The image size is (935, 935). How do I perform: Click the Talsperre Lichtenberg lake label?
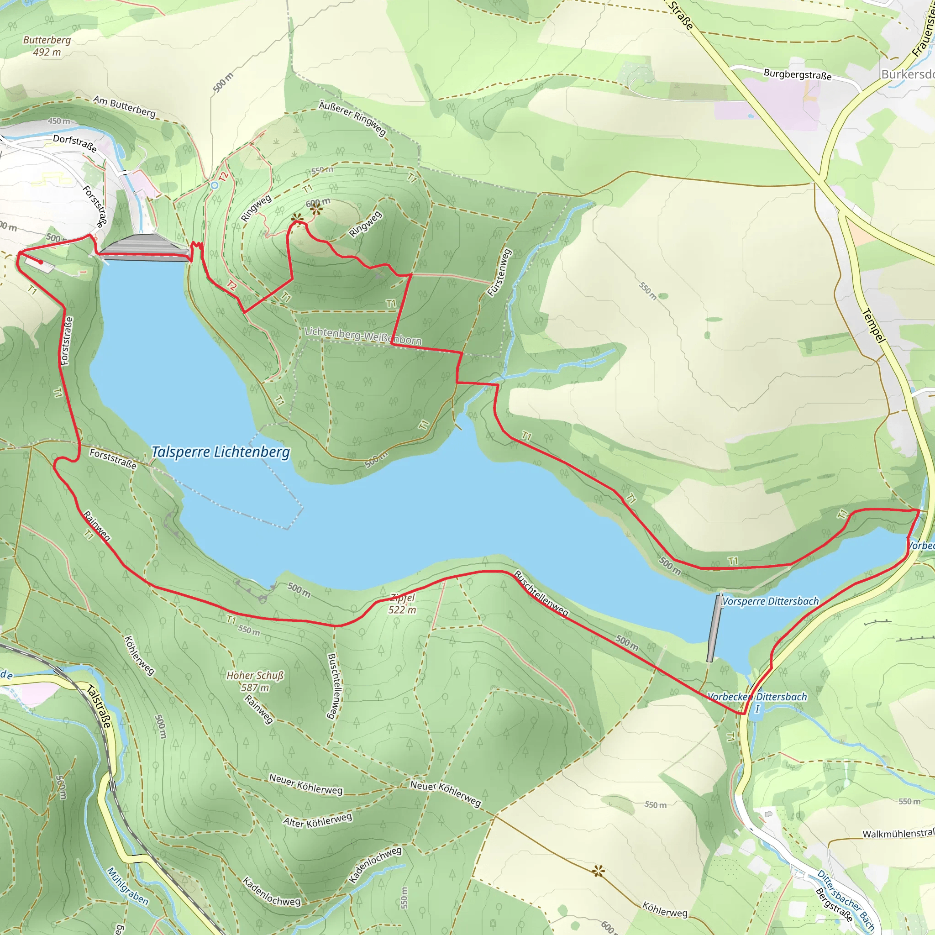point(221,452)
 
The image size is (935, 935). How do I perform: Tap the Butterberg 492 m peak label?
point(47,46)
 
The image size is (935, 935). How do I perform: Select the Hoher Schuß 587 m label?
point(255,681)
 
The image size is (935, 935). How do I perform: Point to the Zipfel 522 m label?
point(402,604)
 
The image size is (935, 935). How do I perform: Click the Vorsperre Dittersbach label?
point(771,601)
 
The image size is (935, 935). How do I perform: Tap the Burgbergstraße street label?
point(797,74)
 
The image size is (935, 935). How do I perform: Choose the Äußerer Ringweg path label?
point(352,118)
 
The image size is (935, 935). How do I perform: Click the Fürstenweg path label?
point(499,273)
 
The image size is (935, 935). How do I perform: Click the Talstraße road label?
point(99,707)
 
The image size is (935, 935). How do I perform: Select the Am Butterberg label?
point(124,106)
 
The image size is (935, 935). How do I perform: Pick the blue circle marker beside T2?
point(215,185)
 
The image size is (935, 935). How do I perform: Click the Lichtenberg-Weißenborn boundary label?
point(362,336)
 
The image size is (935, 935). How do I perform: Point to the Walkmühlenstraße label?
point(898,833)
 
